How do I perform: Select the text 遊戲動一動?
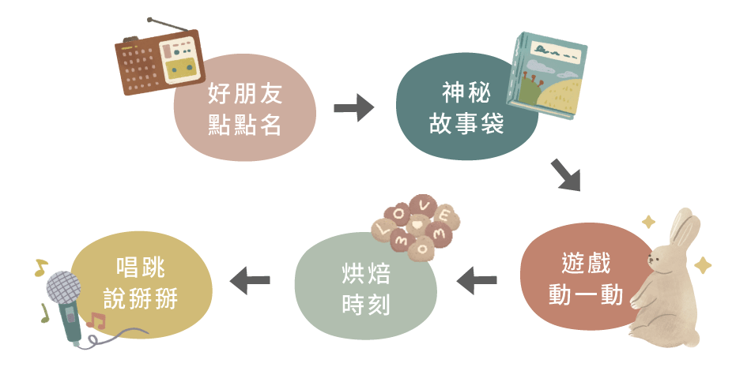[586, 279]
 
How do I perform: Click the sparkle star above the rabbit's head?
[649, 222]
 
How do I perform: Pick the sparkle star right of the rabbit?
[702, 265]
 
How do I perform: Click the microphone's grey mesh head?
[64, 288]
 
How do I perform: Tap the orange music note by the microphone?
[96, 320]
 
